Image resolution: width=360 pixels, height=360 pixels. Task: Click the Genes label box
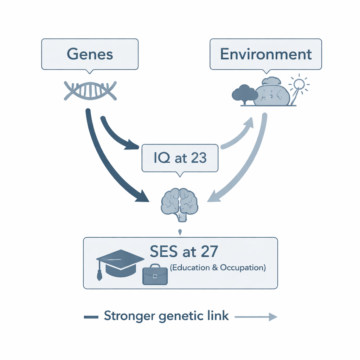[x=90, y=54]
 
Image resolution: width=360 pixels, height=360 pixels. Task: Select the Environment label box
[x=266, y=54]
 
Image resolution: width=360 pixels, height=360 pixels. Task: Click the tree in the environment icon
[x=243, y=94]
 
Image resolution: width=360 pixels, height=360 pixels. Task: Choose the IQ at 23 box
[x=180, y=158]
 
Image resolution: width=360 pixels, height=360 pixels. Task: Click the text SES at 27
[x=184, y=251]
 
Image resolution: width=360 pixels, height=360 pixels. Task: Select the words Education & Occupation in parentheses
[x=218, y=268]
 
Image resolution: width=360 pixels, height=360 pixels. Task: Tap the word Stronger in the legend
[x=129, y=316]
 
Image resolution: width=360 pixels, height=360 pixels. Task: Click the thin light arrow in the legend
[x=256, y=317]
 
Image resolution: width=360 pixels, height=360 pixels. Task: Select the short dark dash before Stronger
[x=91, y=317]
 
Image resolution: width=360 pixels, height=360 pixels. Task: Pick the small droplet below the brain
[x=180, y=232]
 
